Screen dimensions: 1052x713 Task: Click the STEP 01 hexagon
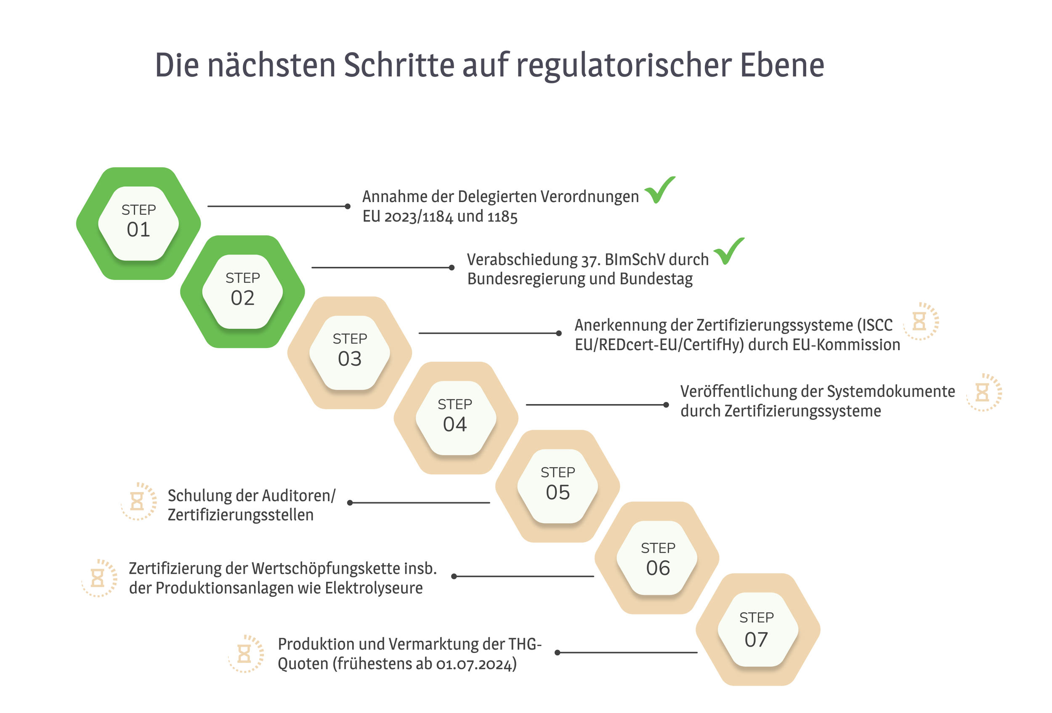138,223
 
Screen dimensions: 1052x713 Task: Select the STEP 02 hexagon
243,292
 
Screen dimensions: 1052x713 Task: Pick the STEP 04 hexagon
455,418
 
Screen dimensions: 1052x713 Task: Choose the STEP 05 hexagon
558,486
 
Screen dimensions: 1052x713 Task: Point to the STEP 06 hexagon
658,558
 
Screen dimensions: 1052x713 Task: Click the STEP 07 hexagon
757,629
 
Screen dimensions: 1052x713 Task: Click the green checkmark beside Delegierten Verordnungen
659,190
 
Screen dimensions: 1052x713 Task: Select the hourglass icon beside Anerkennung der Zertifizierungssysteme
920,322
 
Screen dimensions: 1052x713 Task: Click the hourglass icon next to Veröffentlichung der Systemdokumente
983,393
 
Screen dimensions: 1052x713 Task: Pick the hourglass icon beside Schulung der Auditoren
138,501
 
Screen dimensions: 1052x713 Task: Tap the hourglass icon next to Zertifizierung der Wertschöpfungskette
98,578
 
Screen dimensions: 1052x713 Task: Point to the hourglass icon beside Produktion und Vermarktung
245,654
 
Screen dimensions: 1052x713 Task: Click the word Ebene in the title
782,65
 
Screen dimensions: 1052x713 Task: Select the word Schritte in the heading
398,65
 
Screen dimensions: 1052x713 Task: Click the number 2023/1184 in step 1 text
419,217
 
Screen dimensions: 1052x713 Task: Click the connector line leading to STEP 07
627,652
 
